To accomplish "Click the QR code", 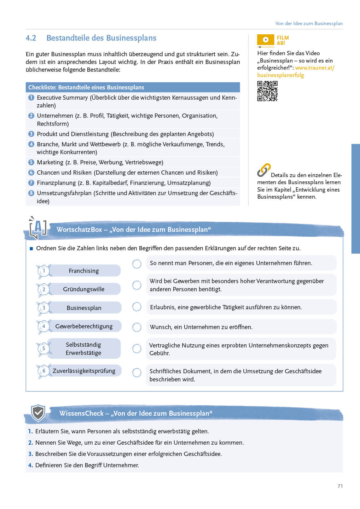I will (267, 91).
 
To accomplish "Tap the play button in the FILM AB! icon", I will (266, 40).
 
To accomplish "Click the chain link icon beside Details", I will (264, 170).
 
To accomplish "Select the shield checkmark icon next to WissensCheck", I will (38, 413).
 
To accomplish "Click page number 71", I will (340, 486).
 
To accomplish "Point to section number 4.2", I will (31, 38).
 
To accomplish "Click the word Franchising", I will (84, 271).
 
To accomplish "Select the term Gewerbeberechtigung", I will (84, 326).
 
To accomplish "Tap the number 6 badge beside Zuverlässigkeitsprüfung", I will (44, 371).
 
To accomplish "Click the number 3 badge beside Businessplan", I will (44, 308).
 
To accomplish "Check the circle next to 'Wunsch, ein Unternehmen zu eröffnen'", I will (137, 327).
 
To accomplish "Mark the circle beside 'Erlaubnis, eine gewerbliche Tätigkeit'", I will (137, 307).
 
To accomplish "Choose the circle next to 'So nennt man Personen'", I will (137, 264).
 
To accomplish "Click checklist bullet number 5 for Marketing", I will (31, 162).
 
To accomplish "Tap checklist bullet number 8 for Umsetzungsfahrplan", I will (31, 193).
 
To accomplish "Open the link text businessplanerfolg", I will (280, 75).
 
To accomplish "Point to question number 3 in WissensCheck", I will (30, 454).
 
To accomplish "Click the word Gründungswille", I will (84, 289).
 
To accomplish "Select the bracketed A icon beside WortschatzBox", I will (38, 228).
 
